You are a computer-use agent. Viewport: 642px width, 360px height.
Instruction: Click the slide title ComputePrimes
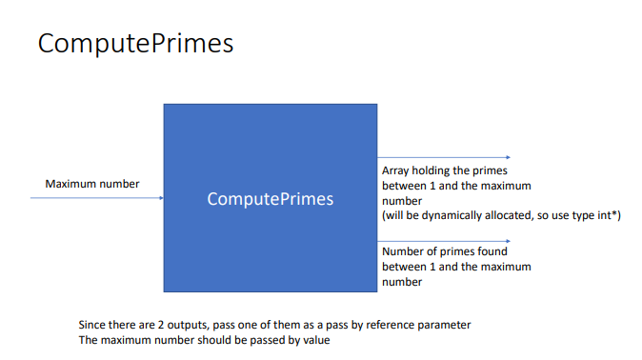(x=136, y=44)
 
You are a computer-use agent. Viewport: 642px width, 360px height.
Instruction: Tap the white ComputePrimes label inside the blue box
(x=271, y=199)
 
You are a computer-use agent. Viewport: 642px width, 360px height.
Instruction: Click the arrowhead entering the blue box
(x=161, y=198)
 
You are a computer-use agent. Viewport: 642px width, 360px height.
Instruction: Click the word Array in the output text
(x=395, y=170)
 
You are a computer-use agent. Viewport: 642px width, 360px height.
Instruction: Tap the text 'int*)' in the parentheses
(x=607, y=215)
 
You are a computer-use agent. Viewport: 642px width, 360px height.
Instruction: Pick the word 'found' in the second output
(x=492, y=252)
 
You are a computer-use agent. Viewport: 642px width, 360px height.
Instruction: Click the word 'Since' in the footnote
(x=92, y=325)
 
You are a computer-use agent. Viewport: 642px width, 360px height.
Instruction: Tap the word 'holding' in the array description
(x=441, y=170)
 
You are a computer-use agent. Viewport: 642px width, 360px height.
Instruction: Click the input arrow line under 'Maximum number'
(x=95, y=198)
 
